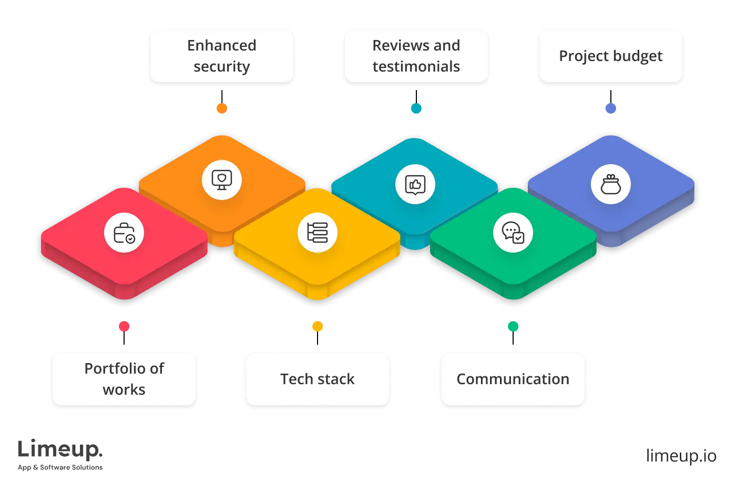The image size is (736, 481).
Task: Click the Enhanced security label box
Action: [x=221, y=56]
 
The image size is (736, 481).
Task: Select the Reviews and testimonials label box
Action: [x=416, y=56]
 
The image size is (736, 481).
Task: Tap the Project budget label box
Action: [x=610, y=56]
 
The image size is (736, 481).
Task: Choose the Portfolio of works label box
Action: [x=124, y=379]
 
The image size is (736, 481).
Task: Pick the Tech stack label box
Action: [x=317, y=379]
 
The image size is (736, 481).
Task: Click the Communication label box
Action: [x=513, y=379]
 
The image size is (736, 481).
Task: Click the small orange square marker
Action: [x=222, y=108]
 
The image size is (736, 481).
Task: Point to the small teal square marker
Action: [x=416, y=108]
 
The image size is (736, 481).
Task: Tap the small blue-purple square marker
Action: [x=610, y=108]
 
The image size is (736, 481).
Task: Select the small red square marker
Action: [x=124, y=326]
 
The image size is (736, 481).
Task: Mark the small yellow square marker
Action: [x=318, y=326]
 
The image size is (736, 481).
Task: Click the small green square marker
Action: [x=513, y=326]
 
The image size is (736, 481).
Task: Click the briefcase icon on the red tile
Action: [x=124, y=233]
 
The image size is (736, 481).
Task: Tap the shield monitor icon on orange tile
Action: [x=222, y=180]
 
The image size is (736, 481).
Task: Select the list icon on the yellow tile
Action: [x=318, y=233]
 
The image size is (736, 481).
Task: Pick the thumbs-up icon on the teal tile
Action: [x=415, y=185]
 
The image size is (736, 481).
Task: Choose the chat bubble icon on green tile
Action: [x=513, y=233]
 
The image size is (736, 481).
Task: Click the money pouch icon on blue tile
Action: [x=610, y=185]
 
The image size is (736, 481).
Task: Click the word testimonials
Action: [x=416, y=67]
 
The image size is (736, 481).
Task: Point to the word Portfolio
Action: [x=109, y=368]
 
